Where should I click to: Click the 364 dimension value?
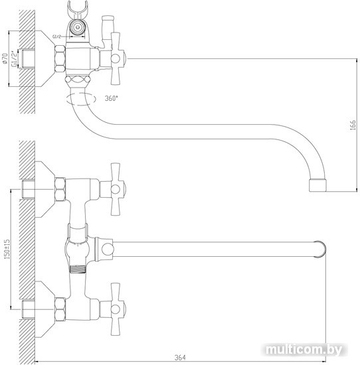(180, 358)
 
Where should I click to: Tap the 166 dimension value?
(353, 125)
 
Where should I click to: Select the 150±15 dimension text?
(7, 250)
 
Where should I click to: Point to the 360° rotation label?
(112, 98)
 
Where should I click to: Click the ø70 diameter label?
(5, 58)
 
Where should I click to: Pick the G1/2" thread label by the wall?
(15, 58)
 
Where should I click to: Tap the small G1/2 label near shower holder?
(57, 36)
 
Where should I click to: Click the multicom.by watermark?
(304, 350)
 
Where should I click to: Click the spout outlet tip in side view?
(317, 186)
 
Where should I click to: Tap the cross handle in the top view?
(116, 58)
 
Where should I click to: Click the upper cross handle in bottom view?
(116, 189)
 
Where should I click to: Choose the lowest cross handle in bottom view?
(116, 309)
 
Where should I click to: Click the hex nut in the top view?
(60, 58)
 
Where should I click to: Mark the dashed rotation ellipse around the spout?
(81, 99)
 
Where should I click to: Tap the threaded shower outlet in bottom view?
(78, 269)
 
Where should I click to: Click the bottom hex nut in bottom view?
(60, 309)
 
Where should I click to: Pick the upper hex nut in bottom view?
(60, 189)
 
